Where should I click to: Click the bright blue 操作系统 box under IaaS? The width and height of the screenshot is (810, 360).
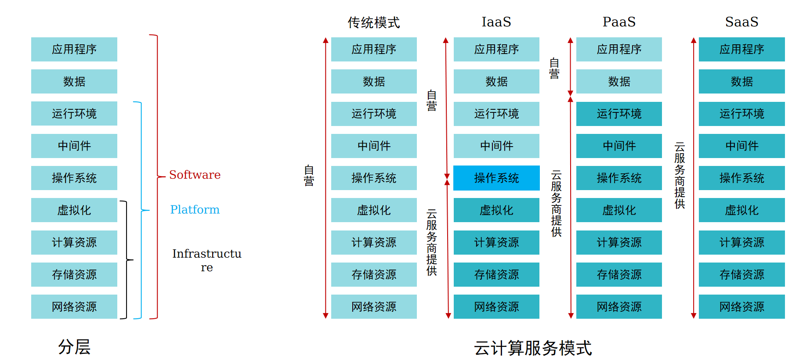pos(496,178)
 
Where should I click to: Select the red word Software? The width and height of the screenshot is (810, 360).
pos(195,175)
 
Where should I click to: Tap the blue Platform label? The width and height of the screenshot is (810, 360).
pos(195,210)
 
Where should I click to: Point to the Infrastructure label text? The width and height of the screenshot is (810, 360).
pos(206,260)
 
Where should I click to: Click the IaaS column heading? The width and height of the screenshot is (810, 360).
pos(496,22)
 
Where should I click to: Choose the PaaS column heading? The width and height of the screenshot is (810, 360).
pos(619,22)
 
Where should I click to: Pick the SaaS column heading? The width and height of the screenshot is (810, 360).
pos(741,22)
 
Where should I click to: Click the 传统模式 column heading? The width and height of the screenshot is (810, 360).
pos(374,22)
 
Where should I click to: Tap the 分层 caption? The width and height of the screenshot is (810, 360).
pos(74,347)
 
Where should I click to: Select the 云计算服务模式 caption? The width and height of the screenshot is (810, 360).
pos(532,348)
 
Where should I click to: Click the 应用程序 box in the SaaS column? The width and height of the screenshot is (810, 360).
pos(741,49)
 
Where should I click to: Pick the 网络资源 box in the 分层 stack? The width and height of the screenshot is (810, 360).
pos(74,306)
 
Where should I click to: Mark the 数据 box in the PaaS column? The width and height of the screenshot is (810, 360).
pos(619,81)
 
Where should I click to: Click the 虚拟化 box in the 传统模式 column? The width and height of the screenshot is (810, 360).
pos(374,210)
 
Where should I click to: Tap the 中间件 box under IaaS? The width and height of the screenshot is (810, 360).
pos(496,146)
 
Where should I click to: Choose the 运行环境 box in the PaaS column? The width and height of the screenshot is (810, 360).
pos(619,114)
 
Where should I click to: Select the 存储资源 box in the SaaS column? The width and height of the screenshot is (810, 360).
pos(741,274)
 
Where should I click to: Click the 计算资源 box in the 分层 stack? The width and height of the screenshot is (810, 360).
pos(74,242)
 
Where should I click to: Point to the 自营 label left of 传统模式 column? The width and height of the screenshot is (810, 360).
pos(309,176)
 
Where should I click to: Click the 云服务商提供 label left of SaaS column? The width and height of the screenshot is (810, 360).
pos(680,175)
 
